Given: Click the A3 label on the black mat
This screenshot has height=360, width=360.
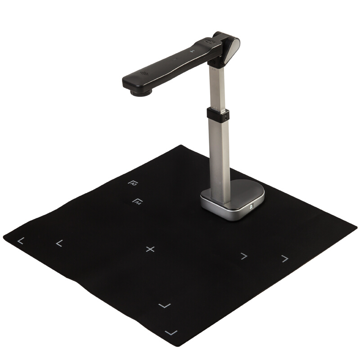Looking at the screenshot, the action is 133,183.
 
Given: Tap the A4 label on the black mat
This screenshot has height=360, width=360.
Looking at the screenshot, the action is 138,201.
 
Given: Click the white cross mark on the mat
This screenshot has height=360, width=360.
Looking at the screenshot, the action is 150,249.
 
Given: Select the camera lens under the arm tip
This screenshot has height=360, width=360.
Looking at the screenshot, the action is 141,92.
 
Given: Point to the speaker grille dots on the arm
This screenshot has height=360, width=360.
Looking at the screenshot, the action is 144,73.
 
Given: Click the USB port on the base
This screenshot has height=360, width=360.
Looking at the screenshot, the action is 252,207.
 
